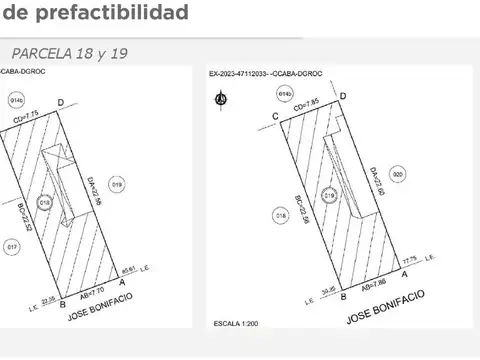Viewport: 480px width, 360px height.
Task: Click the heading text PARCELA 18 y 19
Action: [70, 52]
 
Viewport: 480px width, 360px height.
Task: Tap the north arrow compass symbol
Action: [221, 98]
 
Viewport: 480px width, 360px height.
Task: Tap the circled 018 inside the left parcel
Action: [44, 202]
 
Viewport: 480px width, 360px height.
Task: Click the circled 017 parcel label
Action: [12, 246]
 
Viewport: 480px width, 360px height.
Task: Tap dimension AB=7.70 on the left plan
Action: [90, 291]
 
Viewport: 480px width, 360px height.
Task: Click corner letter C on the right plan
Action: [274, 116]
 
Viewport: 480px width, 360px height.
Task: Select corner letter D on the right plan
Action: [343, 95]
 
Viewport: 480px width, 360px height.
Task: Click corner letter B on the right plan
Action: [343, 297]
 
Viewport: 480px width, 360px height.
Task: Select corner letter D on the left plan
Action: [61, 102]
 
